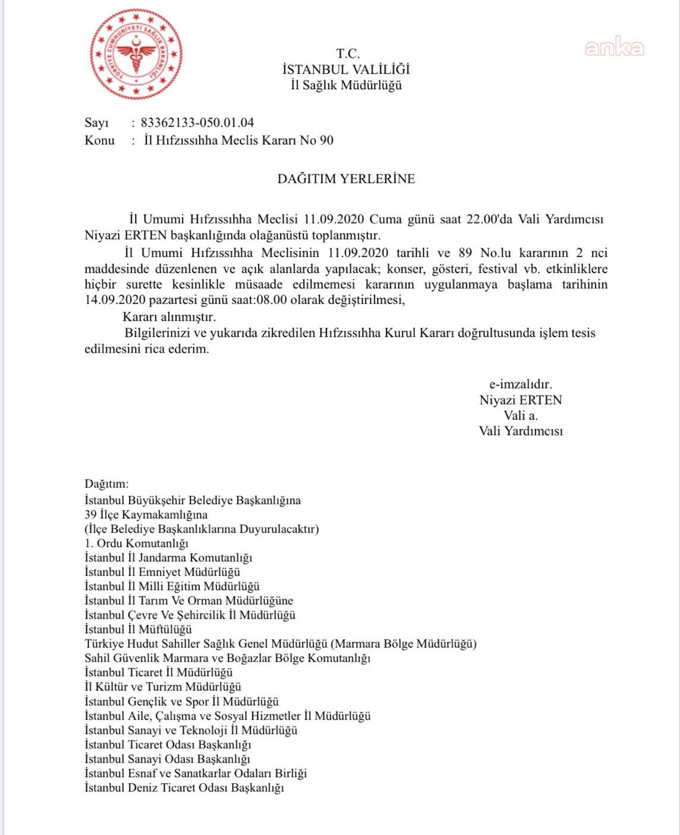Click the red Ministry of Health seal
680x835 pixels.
[136, 54]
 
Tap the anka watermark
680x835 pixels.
[614, 47]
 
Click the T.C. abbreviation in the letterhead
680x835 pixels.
[348, 54]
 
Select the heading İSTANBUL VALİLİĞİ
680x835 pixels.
[346, 70]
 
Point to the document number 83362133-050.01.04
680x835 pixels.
[197, 123]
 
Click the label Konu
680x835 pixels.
[99, 140]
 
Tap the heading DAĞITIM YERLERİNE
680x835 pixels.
[346, 178]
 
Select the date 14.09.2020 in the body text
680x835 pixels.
[111, 300]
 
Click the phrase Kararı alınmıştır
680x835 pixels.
[169, 317]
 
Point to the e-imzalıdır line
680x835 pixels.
[521, 384]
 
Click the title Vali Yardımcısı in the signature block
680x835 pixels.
[521, 431]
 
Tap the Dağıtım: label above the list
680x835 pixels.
[106, 484]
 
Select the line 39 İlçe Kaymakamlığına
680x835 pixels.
[146, 514]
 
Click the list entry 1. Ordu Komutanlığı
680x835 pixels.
[136, 543]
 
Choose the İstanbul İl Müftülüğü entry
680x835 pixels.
[138, 629]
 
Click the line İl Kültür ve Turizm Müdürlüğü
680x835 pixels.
[163, 687]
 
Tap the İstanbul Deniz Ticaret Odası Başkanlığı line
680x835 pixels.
[184, 787]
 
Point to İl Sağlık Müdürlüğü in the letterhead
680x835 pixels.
[346, 85]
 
